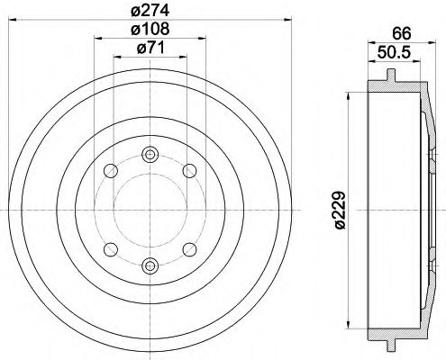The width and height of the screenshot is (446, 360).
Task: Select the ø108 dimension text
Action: [150, 31]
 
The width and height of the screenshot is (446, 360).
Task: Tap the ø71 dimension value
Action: [150, 49]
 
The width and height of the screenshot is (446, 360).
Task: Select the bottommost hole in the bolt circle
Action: [150, 265]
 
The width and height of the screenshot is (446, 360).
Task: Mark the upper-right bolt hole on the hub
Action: [189, 170]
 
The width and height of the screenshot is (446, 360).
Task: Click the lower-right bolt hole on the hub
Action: [189, 248]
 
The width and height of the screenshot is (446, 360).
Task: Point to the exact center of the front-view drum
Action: [150, 209]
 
